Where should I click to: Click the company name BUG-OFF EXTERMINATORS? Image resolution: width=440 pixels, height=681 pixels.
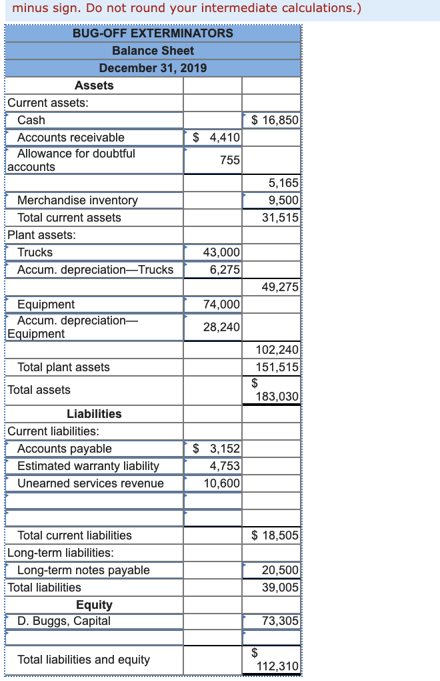click(153, 33)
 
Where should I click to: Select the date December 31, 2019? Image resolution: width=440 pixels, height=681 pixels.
click(153, 67)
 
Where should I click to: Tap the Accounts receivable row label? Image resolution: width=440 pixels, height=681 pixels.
click(71, 138)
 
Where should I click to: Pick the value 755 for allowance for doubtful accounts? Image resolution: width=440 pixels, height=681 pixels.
click(229, 160)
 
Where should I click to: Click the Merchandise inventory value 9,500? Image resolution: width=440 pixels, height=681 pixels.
click(283, 200)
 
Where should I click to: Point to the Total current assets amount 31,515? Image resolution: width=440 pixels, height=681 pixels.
click(281, 218)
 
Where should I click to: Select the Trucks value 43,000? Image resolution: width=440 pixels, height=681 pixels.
click(221, 252)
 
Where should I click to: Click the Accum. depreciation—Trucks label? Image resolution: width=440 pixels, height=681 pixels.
click(95, 270)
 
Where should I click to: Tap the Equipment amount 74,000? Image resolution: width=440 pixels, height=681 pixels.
click(221, 304)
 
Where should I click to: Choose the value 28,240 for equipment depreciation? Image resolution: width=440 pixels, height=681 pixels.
click(221, 327)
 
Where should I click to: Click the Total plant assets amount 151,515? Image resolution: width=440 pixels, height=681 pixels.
click(278, 367)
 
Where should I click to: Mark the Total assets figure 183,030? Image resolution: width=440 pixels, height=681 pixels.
click(278, 397)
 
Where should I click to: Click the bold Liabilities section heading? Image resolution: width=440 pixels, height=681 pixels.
click(94, 414)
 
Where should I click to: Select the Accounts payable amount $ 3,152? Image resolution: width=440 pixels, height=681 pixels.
click(216, 449)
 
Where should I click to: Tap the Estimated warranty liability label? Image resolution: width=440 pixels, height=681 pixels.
click(88, 466)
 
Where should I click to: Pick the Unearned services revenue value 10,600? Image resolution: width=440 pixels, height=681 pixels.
click(221, 483)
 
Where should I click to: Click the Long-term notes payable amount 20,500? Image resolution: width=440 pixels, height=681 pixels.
click(281, 570)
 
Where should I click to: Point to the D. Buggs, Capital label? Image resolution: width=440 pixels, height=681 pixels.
click(64, 621)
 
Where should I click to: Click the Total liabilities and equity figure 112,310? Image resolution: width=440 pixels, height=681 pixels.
click(278, 666)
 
